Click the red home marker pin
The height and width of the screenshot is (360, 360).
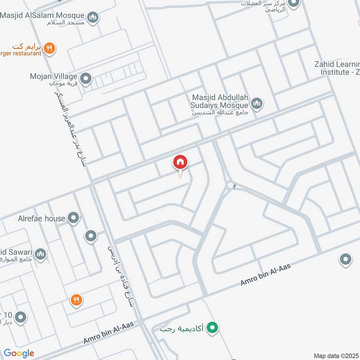(180, 162)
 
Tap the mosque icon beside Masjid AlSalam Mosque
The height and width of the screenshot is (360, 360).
(93, 18)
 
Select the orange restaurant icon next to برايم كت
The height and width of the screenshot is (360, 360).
(50, 48)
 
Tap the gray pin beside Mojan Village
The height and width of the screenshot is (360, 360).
(86, 80)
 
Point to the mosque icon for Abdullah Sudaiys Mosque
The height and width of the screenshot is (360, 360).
(256, 104)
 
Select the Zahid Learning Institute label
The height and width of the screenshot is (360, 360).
(337, 68)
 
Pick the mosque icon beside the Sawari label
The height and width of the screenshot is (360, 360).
(40, 255)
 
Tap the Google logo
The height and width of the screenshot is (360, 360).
(19, 353)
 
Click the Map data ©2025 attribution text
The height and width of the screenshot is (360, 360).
(336, 355)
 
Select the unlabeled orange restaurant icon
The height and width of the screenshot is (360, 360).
(76, 299)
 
